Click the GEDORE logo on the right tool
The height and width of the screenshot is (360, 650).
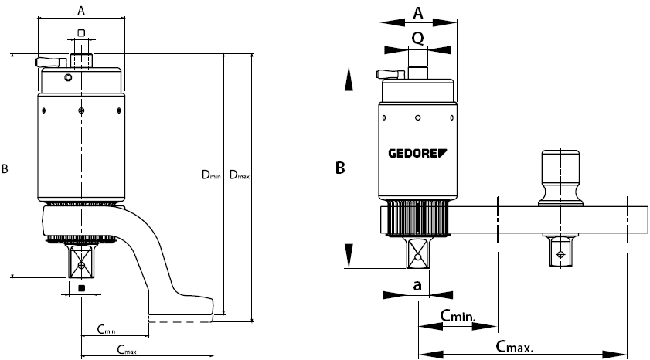click(x=417, y=152)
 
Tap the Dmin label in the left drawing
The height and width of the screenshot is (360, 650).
click(x=211, y=176)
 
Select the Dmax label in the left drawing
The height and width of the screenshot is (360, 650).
click(x=240, y=176)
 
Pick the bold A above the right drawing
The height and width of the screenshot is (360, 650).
click(x=419, y=13)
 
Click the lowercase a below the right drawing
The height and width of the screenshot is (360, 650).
click(x=417, y=285)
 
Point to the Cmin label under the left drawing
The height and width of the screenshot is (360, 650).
click(x=106, y=330)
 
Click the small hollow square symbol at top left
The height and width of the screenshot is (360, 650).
click(x=81, y=32)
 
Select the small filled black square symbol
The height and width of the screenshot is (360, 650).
click(x=81, y=288)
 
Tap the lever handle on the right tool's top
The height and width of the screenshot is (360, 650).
click(x=390, y=74)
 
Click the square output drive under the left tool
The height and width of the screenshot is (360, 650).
click(x=81, y=263)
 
